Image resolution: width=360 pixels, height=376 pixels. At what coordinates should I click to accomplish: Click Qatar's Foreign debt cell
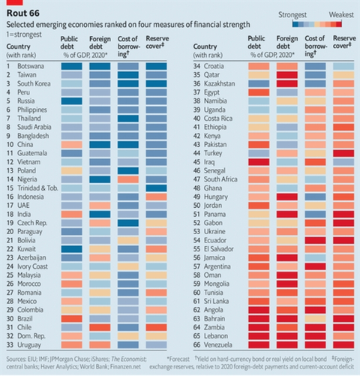(x=286, y=74)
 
